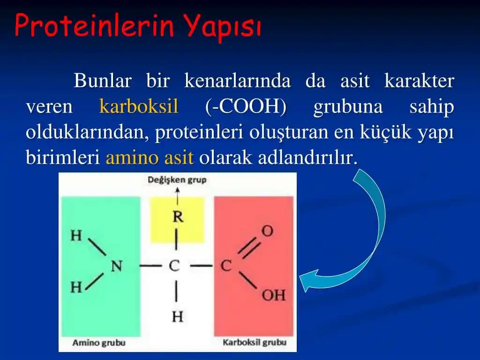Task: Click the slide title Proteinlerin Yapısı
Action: click(138, 26)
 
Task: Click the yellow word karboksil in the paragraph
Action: click(139, 107)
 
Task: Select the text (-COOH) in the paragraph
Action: click(246, 107)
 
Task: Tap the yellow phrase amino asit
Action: click(150, 157)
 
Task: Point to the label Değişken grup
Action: click(177, 180)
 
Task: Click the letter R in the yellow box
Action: click(178, 217)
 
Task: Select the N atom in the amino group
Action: click(116, 266)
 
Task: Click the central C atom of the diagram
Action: click(174, 266)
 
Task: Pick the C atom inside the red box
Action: click(226, 266)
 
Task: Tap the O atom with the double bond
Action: click(267, 231)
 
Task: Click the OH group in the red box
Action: click(273, 295)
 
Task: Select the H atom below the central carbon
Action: click(177, 317)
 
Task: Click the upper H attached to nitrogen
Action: click(76, 235)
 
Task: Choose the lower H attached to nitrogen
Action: click(76, 287)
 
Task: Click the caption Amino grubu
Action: click(99, 343)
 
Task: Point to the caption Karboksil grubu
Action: click(254, 343)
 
